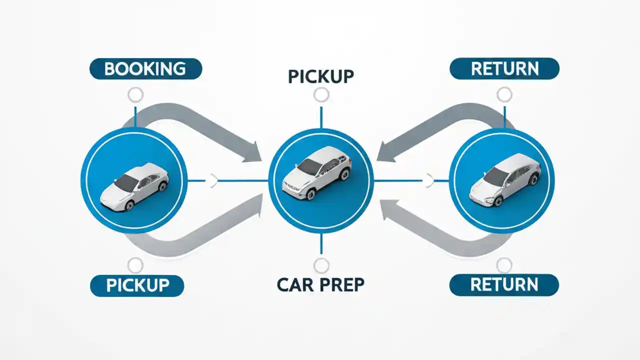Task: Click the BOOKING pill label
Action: (x=145, y=69)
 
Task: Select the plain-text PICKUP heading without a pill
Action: (x=321, y=76)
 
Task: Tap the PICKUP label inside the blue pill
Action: (x=137, y=285)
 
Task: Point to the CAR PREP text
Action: (x=320, y=284)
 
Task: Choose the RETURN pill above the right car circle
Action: (x=504, y=69)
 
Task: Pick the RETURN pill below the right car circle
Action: (x=504, y=285)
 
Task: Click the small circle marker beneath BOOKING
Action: (x=135, y=94)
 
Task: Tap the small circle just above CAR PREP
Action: (x=321, y=265)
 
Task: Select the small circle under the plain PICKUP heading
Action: (x=321, y=94)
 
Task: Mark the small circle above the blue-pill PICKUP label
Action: (x=135, y=265)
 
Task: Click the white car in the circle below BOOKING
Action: (x=134, y=185)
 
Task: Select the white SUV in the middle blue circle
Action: (x=317, y=172)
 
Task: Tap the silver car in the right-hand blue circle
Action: (x=504, y=179)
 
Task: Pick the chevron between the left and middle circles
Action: (x=213, y=180)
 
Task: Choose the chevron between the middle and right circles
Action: (x=429, y=180)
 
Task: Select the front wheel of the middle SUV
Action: (x=310, y=194)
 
